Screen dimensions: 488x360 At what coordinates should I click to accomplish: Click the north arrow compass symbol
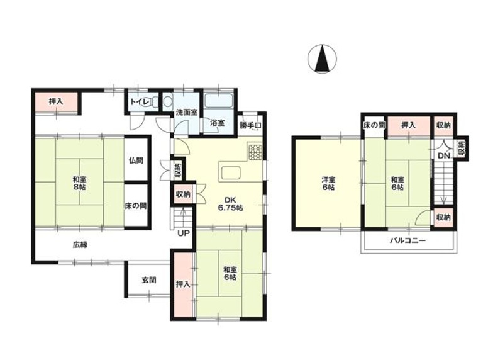point(322,59)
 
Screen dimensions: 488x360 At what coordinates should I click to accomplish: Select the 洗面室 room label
point(186,113)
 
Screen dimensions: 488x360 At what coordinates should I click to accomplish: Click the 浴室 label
point(217,123)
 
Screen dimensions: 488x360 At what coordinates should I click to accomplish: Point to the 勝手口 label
point(250,125)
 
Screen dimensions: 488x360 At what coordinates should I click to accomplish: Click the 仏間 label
point(136,160)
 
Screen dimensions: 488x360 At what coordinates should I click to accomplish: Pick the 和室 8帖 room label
point(79,183)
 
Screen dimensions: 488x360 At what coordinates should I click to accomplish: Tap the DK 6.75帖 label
point(231,204)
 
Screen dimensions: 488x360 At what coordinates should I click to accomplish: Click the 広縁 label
point(80,245)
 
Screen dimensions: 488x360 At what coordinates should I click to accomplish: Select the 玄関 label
point(149,280)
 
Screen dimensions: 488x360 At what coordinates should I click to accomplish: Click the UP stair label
point(183,233)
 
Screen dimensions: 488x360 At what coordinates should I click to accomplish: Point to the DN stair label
point(444,155)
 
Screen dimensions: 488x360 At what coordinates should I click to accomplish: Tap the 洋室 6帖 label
point(328,183)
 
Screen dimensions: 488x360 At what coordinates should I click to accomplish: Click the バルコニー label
point(408,240)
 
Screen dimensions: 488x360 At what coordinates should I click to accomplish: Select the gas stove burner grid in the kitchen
point(255,152)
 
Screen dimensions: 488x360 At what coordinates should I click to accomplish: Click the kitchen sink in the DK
point(230,173)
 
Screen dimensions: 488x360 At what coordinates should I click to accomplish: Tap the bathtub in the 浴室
point(218,100)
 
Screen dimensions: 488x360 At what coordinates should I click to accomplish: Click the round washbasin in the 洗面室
point(168,101)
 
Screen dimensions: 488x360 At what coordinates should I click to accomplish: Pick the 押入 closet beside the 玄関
point(183,284)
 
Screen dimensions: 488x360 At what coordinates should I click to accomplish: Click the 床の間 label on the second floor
point(374,125)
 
